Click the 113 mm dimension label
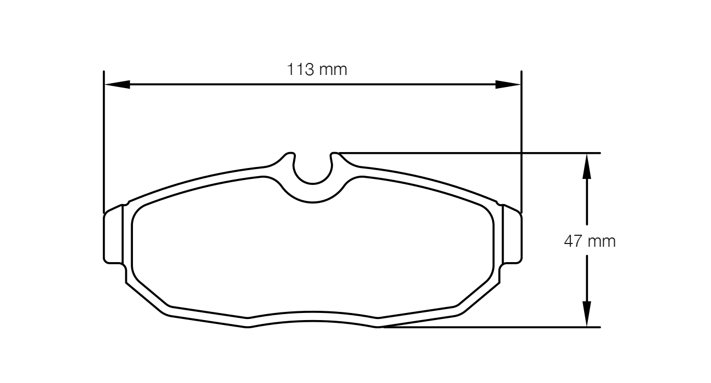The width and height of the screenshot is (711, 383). [317, 69]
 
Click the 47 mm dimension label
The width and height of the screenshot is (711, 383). [590, 241]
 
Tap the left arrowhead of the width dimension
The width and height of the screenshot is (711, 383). [117, 84]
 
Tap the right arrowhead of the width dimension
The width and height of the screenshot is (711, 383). [508, 84]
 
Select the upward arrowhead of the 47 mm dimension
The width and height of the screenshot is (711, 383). [586, 166]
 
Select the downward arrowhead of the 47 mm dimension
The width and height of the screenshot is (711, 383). [586, 314]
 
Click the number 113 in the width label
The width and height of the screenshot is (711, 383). [300, 69]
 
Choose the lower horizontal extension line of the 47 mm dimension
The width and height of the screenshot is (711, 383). [492, 327]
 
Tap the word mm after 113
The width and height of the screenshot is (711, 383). [333, 69]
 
